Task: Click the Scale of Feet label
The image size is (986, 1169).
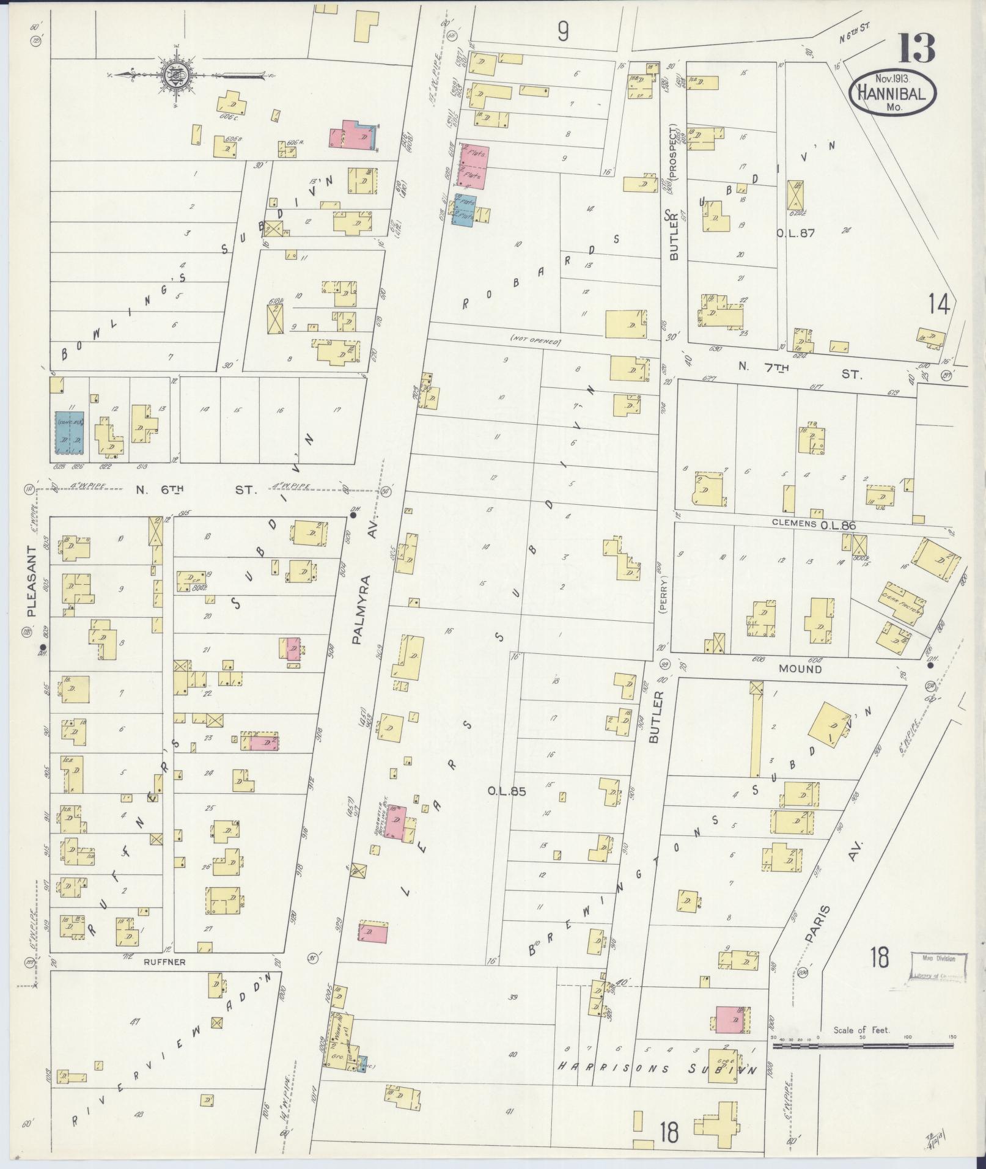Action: (x=861, y=1030)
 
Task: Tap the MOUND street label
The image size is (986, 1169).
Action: (x=800, y=669)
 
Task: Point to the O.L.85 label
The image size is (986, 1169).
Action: (x=506, y=791)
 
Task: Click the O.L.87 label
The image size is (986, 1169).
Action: (x=795, y=233)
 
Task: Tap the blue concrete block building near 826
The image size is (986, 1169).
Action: (x=68, y=432)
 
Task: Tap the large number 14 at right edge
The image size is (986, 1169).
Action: (x=939, y=304)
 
